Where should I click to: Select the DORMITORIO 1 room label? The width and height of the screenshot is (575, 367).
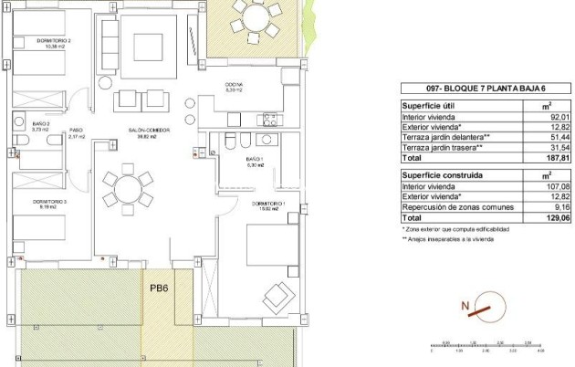click(x=277, y=204)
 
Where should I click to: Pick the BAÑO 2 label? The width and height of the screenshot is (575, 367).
click(x=40, y=126)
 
